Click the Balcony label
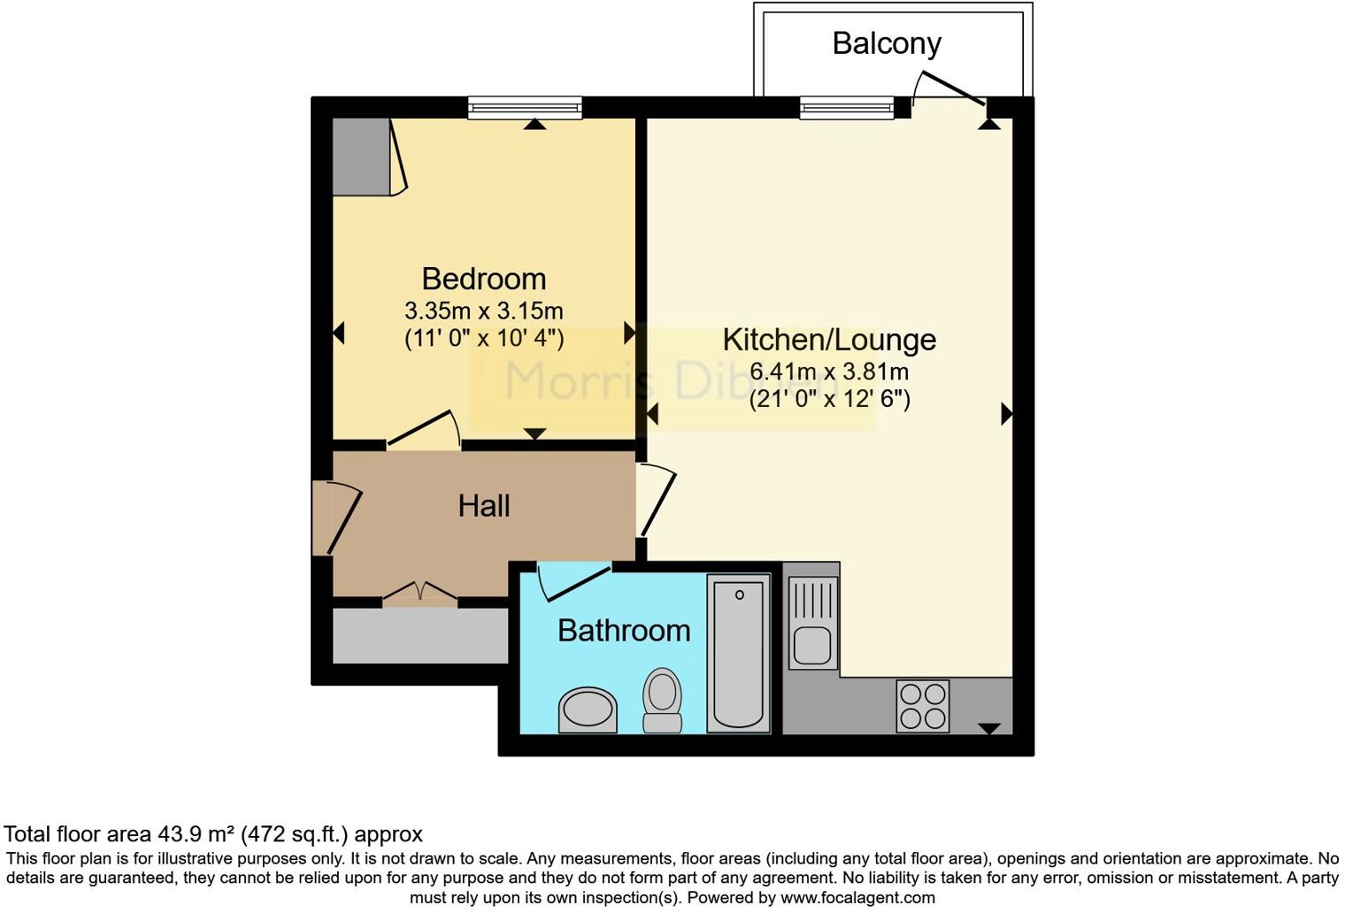click(x=887, y=43)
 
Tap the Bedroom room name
click(x=483, y=279)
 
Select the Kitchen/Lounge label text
click(x=829, y=340)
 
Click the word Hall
click(x=484, y=506)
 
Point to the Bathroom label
click(x=624, y=631)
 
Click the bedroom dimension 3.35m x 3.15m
click(x=483, y=311)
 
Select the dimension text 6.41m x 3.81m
click(x=829, y=372)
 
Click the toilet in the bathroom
click(x=662, y=700)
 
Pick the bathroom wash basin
click(x=587, y=710)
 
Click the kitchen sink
click(x=812, y=623)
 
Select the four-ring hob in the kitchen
click(x=923, y=706)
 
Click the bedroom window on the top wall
click(x=526, y=108)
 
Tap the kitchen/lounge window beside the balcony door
click(x=847, y=108)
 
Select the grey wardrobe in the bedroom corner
click(x=361, y=157)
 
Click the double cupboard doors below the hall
click(x=420, y=592)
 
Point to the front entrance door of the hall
click(x=336, y=518)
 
